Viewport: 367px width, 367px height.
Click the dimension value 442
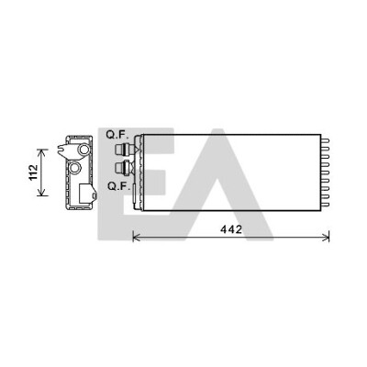(x=231, y=229)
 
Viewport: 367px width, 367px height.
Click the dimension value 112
(x=33, y=172)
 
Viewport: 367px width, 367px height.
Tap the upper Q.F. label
(x=117, y=135)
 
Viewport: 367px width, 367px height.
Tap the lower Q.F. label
(x=118, y=186)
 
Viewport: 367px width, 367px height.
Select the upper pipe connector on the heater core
(x=126, y=150)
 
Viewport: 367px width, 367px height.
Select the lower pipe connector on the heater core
(x=124, y=167)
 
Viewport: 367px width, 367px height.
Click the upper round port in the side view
(x=83, y=150)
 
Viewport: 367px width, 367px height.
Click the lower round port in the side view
(x=74, y=167)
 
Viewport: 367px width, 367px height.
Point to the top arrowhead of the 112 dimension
(x=42, y=151)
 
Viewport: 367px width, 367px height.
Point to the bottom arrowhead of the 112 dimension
(x=42, y=193)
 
